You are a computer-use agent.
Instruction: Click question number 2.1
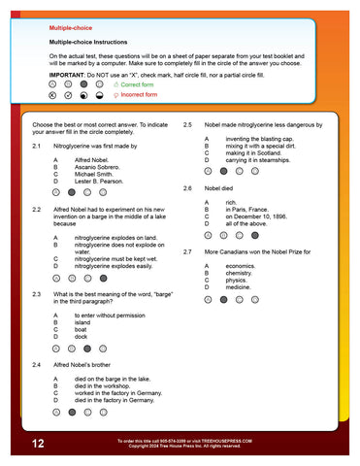36,144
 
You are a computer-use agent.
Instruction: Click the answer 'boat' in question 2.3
82,329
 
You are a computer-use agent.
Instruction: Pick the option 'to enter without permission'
110,316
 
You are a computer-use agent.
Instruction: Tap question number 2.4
36,363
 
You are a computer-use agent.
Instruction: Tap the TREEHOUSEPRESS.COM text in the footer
224,440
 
